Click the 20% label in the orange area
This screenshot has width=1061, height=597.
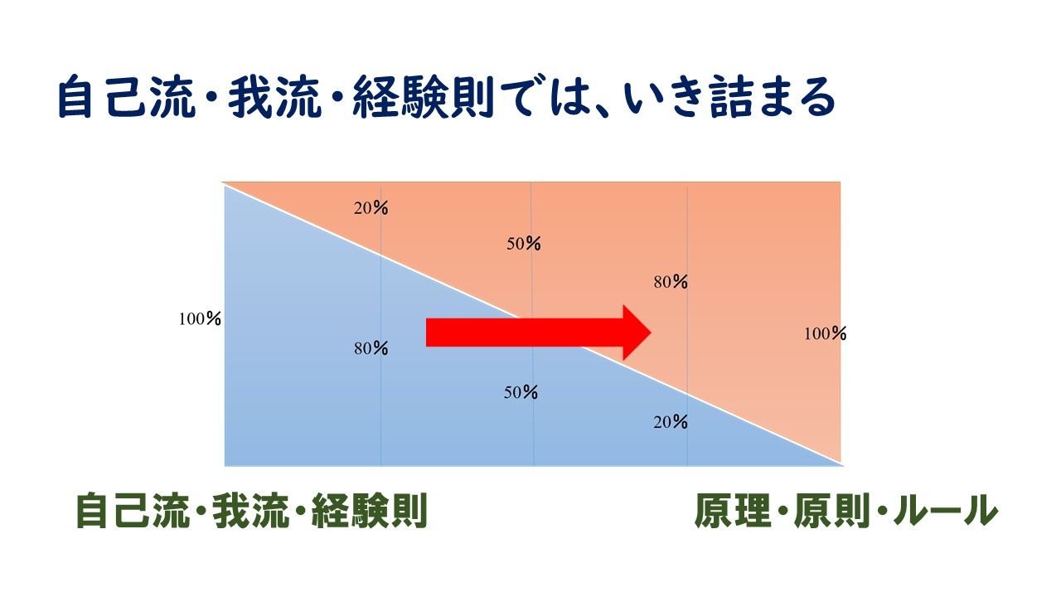371,207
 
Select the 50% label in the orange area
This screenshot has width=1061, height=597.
523,244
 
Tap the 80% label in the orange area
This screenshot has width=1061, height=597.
671,282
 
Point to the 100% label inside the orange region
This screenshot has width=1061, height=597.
825,333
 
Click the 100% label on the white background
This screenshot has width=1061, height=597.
200,319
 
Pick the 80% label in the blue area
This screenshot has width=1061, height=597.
371,348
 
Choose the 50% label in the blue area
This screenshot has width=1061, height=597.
521,392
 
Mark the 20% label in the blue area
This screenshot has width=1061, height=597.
671,422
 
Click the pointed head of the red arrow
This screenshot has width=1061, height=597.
651,332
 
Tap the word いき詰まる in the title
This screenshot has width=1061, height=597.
729,97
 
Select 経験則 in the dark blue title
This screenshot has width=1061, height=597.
424,97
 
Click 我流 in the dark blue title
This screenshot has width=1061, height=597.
274,97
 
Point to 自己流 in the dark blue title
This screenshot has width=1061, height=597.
127,97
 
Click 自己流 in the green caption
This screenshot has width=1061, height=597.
133,510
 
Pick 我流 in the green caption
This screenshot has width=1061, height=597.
250,510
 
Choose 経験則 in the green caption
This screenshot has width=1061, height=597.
370,510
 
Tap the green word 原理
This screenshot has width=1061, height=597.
733,510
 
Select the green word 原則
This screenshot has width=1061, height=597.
832,510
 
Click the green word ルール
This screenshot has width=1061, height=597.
946,510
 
